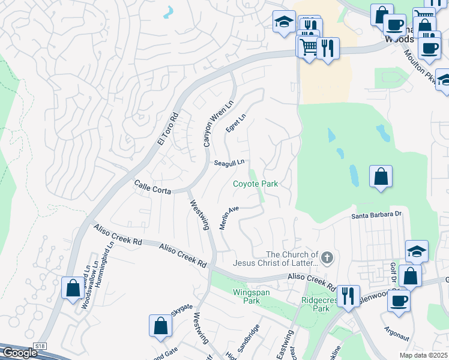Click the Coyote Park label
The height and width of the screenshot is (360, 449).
(x=255, y=184)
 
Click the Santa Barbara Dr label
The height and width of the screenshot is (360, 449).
(x=376, y=214)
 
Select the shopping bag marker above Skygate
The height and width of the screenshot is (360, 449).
(x=161, y=326)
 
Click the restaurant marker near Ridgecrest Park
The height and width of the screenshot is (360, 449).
(x=348, y=296)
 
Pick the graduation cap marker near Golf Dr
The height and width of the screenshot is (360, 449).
(x=417, y=251)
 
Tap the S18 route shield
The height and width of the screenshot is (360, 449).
(x=40, y=346)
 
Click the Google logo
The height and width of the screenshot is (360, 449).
(x=19, y=353)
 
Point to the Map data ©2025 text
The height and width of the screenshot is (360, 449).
(x=424, y=355)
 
